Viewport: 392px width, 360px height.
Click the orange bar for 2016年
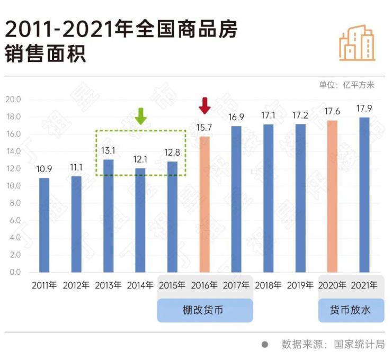point(204,204)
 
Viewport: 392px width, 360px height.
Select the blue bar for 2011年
point(44,225)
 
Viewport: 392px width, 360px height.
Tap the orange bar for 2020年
point(332,196)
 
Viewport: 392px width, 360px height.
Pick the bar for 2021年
point(364,195)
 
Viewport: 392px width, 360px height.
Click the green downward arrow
point(140,116)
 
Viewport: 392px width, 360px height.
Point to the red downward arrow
point(204,106)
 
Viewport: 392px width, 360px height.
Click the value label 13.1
point(108,150)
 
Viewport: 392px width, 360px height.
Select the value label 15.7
point(204,128)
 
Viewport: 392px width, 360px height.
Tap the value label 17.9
point(364,109)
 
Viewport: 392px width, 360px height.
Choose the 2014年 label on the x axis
point(140,285)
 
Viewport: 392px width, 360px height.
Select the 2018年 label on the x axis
point(268,285)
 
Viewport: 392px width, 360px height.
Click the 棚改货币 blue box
point(204,310)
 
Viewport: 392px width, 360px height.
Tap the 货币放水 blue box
point(351,310)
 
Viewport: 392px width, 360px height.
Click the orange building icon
point(357,42)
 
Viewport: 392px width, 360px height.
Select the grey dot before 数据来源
point(265,345)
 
